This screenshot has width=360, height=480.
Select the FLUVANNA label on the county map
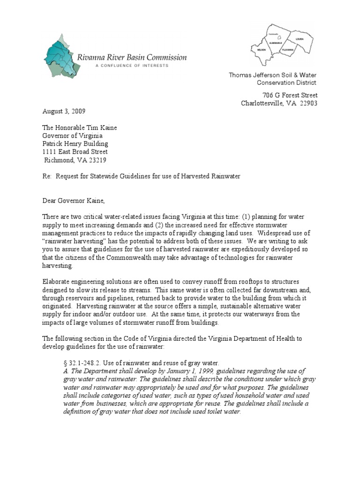tap(287, 49)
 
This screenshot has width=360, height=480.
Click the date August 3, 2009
tap(64, 112)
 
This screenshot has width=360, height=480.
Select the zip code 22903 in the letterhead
tap(307, 104)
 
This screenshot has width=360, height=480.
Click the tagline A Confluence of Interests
tap(131, 66)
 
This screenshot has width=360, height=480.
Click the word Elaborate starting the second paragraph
tap(58, 281)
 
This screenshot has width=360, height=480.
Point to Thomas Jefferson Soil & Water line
tap(273, 75)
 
